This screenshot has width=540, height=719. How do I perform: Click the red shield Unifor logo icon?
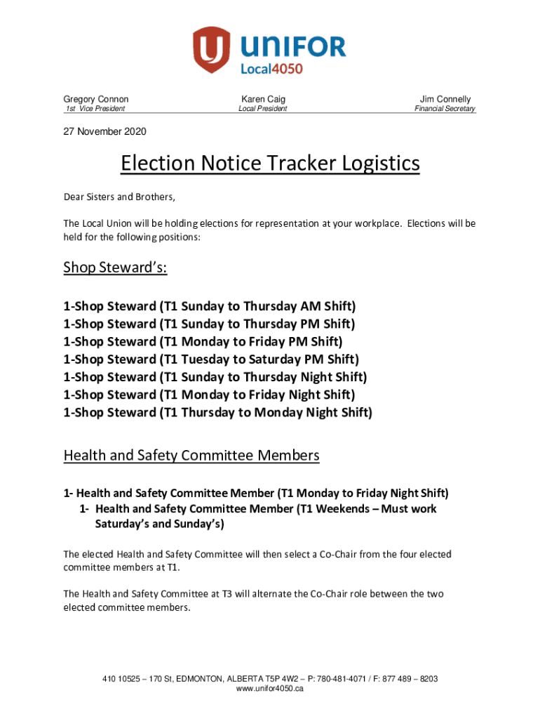(x=212, y=49)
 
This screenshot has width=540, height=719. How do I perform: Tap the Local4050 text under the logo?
(x=271, y=68)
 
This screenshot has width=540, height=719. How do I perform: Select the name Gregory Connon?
(x=96, y=99)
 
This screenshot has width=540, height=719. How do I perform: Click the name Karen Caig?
(x=263, y=99)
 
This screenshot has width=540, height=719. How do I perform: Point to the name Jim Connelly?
(x=445, y=99)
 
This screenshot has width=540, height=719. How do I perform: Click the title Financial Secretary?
(x=445, y=109)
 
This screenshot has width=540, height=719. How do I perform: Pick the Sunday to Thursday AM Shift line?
(x=209, y=306)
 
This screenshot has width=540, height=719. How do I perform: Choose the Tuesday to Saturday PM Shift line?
(x=210, y=359)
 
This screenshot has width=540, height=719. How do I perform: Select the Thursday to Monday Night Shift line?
(x=217, y=412)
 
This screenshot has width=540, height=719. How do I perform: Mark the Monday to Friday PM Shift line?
(x=203, y=342)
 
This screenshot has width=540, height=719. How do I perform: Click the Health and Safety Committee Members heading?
(x=191, y=455)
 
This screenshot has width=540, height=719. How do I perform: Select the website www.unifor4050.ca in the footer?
(x=270, y=690)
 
